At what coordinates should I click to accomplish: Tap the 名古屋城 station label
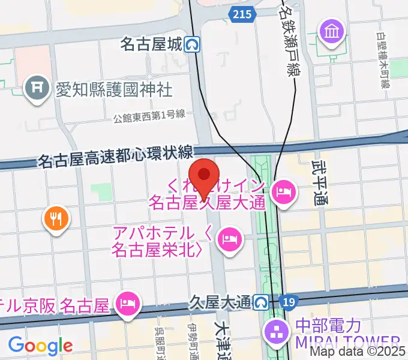click(x=151, y=44)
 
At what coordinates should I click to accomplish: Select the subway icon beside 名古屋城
click(x=193, y=44)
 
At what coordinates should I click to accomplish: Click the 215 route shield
click(x=242, y=15)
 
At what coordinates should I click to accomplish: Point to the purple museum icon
click(x=331, y=30)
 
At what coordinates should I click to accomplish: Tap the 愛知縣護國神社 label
click(x=113, y=90)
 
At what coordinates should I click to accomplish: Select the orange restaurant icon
click(x=56, y=218)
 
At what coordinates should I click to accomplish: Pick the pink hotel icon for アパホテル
click(x=230, y=239)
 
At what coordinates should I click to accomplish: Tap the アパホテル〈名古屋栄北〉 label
click(x=159, y=241)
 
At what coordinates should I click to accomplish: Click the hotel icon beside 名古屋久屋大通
click(x=283, y=192)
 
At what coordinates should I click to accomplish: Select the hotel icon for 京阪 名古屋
click(x=128, y=301)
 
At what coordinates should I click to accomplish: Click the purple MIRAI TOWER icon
click(x=277, y=331)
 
